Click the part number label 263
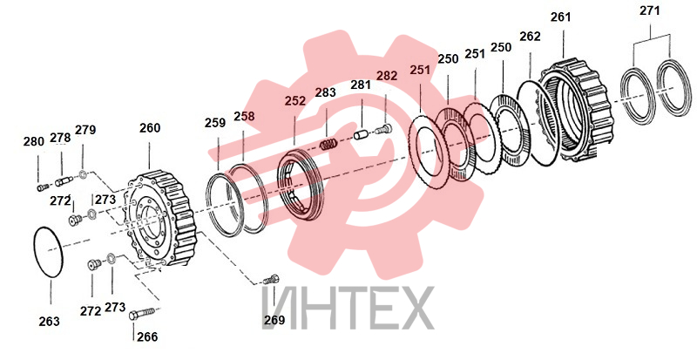click(49, 322)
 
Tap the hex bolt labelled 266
click(141, 313)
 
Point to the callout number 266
click(147, 336)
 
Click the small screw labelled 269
click(271, 280)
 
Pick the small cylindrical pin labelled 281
click(361, 134)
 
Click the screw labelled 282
click(383, 130)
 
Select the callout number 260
click(150, 128)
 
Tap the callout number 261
click(561, 17)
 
